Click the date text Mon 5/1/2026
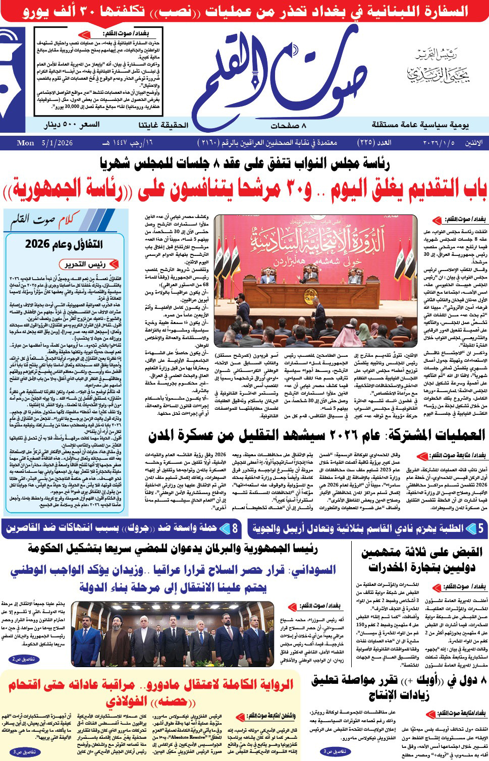tap(45, 143)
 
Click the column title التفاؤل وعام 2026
tap(64, 244)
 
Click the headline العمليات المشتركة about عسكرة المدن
tap(317, 435)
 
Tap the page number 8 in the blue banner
tap(235, 529)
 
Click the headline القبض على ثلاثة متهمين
tap(422, 559)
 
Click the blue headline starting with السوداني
tap(173, 578)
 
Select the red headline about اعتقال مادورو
tap(150, 693)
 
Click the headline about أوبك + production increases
tap(399, 687)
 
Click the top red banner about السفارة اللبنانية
tap(244, 11)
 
